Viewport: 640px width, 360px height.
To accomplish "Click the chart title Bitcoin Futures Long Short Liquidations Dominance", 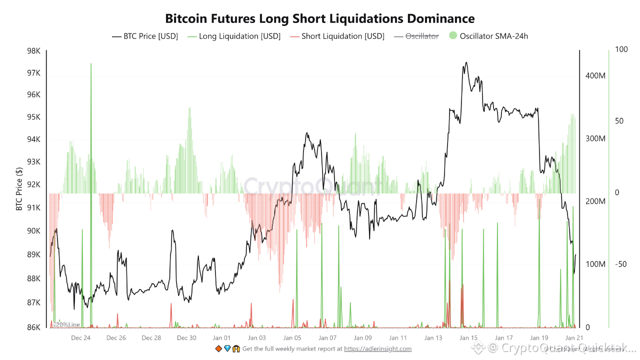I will point(320,18).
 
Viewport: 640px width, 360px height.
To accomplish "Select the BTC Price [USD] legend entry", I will point(145,36).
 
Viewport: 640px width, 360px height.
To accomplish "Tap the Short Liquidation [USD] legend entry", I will point(337,36).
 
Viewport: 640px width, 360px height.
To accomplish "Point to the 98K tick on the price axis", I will point(34,51).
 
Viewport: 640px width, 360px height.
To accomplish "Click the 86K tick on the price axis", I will point(34,327).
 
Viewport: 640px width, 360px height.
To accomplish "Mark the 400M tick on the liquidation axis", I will point(595,75).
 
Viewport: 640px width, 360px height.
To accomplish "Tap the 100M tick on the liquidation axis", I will point(595,264).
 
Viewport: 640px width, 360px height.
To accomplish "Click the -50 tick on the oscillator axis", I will point(620,264).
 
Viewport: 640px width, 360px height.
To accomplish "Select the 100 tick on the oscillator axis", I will point(621,49).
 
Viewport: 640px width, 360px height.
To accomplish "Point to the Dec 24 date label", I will point(81,338).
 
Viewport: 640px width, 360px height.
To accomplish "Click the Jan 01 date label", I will point(221,338).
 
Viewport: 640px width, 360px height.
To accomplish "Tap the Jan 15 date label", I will point(468,338).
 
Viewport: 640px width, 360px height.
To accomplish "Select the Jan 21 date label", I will point(574,338).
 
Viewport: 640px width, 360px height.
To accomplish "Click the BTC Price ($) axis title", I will point(19,188).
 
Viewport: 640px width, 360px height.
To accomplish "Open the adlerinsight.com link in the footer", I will point(377,348).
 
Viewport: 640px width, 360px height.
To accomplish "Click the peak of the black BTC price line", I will point(466,62).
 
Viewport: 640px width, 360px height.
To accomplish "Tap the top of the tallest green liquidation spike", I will point(91,64).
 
